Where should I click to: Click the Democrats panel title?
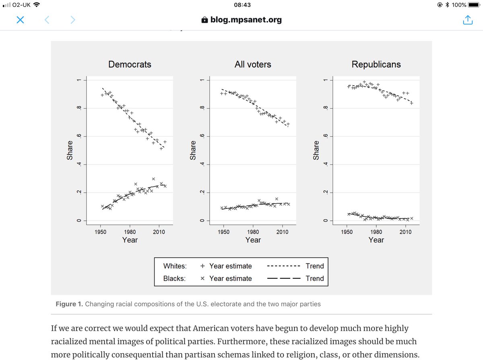point(130,64)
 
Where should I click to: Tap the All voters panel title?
point(253,64)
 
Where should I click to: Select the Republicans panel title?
point(376,64)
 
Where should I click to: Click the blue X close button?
point(20,20)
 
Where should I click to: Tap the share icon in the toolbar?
point(467,20)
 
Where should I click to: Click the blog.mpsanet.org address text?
point(246,20)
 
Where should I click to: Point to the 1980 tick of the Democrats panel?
point(130,232)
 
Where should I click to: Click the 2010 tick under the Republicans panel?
point(405,232)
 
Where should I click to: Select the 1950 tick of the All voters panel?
point(224,232)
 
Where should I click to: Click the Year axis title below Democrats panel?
point(130,240)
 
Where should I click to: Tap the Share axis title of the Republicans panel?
point(316,150)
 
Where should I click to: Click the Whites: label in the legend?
point(175,266)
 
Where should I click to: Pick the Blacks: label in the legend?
point(174,278)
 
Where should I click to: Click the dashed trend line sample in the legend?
point(284,266)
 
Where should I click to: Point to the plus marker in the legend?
point(203,266)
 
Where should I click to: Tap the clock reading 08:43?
point(242,5)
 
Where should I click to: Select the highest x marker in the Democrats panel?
point(153,179)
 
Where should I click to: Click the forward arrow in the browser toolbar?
point(73,20)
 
